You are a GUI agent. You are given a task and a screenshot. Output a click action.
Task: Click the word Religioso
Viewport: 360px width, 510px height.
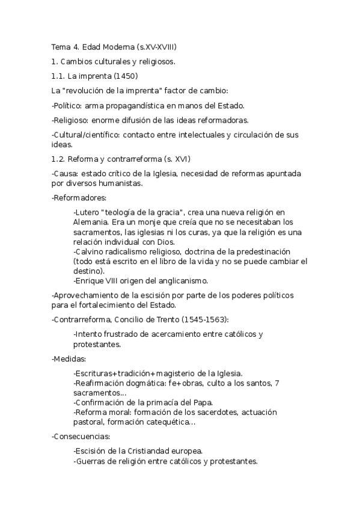pyautogui.click(x=70, y=120)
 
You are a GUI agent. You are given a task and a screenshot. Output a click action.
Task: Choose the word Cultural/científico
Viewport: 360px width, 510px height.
pyautogui.click(x=85, y=135)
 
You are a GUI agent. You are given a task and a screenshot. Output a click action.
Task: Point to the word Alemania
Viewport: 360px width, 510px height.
pyautogui.click(x=91, y=222)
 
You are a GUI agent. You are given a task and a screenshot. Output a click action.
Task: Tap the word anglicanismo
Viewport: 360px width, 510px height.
pyautogui.click(x=182, y=280)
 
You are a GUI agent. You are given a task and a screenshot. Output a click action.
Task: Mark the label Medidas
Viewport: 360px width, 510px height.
pyautogui.click(x=69, y=358)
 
